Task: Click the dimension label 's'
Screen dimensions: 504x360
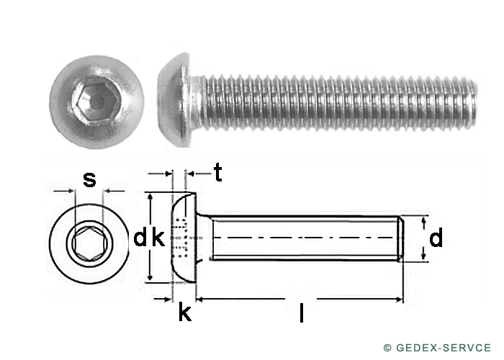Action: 89,180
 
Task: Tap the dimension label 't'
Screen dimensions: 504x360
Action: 218,172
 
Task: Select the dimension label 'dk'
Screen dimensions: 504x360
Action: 149,238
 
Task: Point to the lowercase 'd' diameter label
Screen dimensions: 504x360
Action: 436,238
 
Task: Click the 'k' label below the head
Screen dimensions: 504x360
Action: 185,312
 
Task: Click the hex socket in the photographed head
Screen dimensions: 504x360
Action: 96,101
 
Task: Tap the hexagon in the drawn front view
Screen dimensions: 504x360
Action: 90,243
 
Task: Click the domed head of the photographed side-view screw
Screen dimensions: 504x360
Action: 175,100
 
